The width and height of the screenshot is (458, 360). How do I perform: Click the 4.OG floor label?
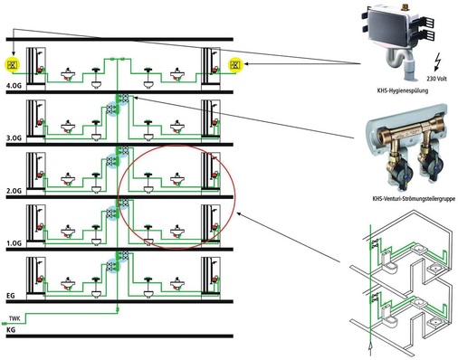point(14,86)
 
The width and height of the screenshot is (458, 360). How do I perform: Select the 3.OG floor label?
point(14,138)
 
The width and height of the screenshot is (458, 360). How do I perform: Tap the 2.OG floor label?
point(14,191)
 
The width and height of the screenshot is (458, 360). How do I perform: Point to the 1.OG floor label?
point(14,243)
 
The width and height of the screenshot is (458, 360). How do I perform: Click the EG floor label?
point(11,296)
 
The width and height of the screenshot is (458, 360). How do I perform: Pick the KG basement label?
point(11,330)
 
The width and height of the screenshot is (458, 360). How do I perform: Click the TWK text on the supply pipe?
point(14,318)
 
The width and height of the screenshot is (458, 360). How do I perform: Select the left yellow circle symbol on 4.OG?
point(13,64)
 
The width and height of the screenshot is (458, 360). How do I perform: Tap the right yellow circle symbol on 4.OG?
point(236,64)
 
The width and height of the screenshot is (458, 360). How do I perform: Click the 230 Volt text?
point(436,79)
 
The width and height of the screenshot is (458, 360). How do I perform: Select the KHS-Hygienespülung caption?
point(403,90)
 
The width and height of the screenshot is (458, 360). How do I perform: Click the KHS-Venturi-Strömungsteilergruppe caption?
point(414,199)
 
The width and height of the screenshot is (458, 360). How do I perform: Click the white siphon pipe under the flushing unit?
point(401,65)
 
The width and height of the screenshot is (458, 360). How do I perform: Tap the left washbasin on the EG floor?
point(68,284)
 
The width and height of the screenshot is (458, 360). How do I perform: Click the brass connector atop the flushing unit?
point(405,5)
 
